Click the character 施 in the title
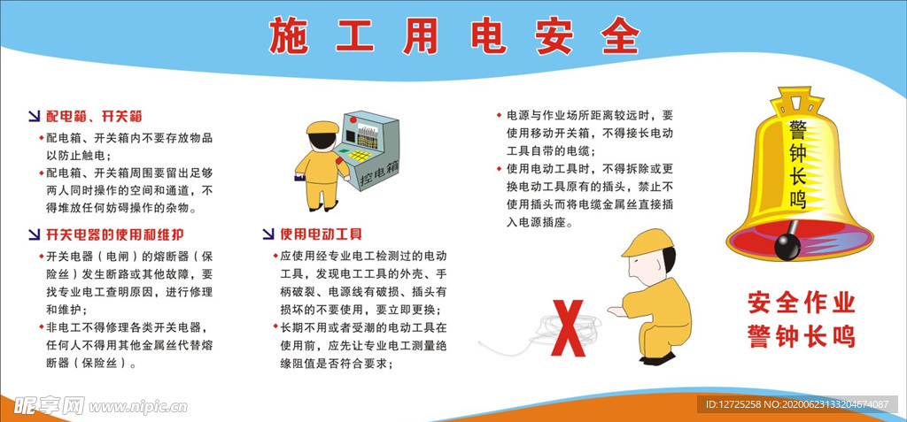pos(289,36)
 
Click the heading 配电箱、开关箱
pos(94,116)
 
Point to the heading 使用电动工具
pos(321,234)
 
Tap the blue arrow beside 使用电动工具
pos(267,234)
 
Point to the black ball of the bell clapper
pos(787,247)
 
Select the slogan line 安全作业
pos(801,303)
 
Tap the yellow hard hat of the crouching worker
pos(647,242)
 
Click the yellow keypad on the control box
pos(360,156)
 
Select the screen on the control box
pos(367,134)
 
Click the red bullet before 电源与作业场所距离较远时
pos(499,115)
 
